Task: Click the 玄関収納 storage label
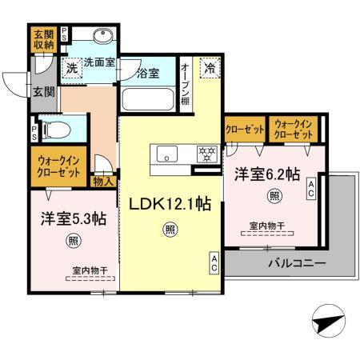(42, 40)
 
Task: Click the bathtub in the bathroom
(147, 101)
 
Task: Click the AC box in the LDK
(214, 262)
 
